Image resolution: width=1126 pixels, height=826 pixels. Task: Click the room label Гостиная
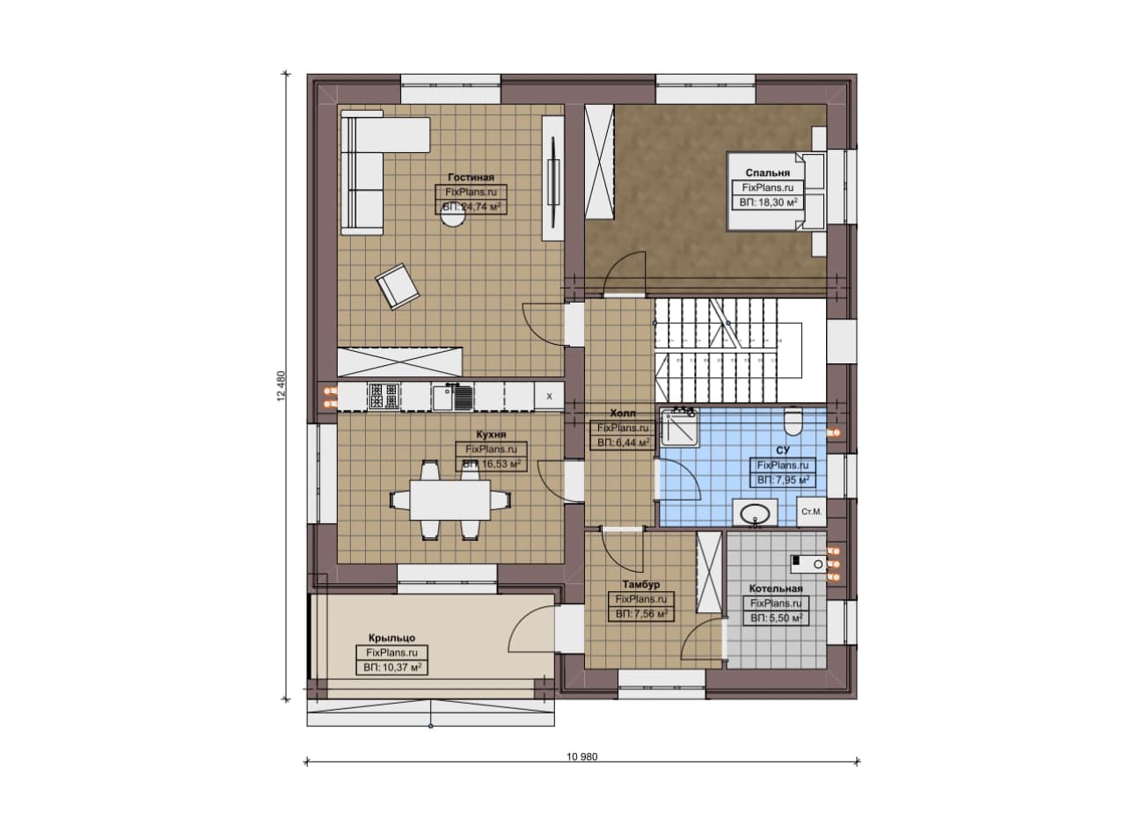[x=471, y=177]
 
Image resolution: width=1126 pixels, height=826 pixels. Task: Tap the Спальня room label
[x=768, y=172]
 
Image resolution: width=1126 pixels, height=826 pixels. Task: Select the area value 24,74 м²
[x=471, y=207]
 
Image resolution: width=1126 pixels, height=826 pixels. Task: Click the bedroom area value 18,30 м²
[x=768, y=202]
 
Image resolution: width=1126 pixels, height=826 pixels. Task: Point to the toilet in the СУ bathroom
[x=793, y=420]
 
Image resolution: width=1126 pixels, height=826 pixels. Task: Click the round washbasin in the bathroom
[x=755, y=514]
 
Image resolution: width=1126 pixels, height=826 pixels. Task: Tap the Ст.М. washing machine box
[x=811, y=512]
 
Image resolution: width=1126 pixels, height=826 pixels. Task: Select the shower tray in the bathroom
[x=680, y=428]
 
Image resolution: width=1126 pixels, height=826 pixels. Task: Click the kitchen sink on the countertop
[x=452, y=397]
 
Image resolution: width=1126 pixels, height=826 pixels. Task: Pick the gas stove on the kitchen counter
[x=384, y=396]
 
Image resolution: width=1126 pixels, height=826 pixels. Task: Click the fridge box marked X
[x=549, y=396]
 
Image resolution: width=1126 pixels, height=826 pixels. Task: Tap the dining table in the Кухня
[x=450, y=501]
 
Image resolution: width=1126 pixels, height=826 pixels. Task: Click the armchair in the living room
[x=397, y=286]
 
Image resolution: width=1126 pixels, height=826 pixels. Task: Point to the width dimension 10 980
[x=582, y=757]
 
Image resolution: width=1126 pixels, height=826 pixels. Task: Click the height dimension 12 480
[x=281, y=386]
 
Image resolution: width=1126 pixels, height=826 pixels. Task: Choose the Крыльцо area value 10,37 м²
[x=392, y=668]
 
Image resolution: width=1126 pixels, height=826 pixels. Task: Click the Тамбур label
[x=641, y=584]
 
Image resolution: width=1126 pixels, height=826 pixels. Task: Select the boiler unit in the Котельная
[x=808, y=564]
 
